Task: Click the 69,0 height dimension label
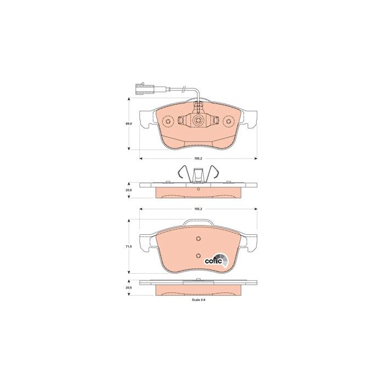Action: coord(129,124)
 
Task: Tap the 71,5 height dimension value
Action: coord(129,247)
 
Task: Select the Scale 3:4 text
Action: coord(199,300)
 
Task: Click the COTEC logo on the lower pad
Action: coord(216,261)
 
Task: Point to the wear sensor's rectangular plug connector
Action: coord(144,89)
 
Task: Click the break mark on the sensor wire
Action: coord(184,89)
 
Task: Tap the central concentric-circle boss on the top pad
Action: coord(198,121)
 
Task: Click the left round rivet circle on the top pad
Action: coord(168,121)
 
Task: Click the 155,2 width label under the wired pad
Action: coord(198,159)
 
